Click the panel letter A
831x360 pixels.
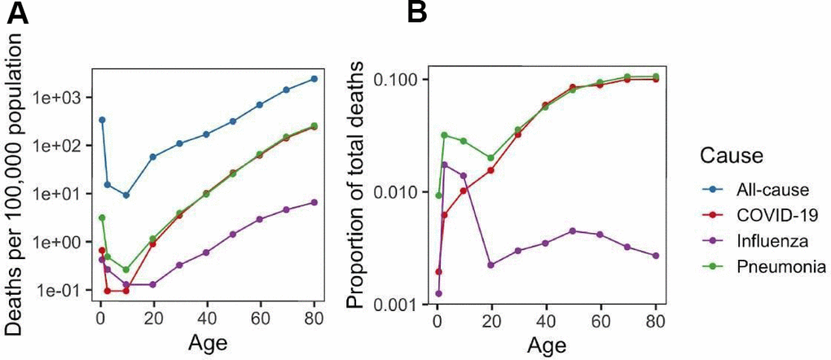[17, 15]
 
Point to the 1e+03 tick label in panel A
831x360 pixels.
[62, 97]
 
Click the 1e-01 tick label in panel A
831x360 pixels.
[62, 291]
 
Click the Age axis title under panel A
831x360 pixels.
[205, 342]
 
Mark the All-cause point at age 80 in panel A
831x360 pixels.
[313, 79]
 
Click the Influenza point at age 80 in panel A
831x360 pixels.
[313, 202]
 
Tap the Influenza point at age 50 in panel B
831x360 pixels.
[573, 230]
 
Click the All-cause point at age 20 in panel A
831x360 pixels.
[152, 156]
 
